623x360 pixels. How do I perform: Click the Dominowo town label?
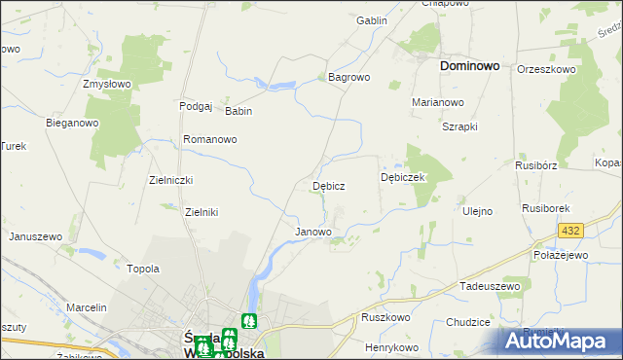[469, 66]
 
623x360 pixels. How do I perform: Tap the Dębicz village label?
[328, 185]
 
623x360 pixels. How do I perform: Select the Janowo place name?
[313, 233]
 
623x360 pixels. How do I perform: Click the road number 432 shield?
[570, 230]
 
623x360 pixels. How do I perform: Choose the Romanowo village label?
[210, 139]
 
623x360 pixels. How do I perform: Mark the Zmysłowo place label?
[107, 85]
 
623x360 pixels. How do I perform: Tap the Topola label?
[143, 268]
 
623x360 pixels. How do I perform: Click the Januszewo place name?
[36, 236]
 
